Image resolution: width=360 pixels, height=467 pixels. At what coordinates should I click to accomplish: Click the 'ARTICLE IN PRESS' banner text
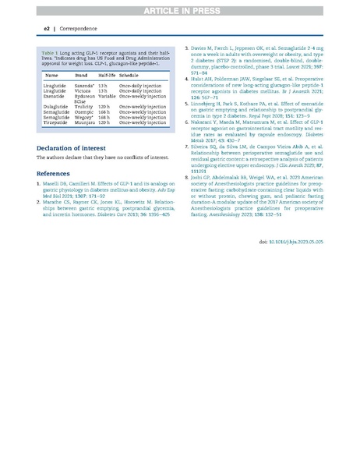(180, 9)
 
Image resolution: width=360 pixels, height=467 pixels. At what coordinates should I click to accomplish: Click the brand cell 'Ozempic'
(85, 111)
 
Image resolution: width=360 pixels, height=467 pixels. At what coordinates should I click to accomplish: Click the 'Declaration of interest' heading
(76, 146)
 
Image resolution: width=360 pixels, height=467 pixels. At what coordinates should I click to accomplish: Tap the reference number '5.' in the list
(187, 101)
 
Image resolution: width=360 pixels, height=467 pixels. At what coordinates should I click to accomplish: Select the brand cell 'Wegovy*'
(85, 117)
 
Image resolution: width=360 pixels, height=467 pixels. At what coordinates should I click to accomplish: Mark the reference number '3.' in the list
(187, 48)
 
